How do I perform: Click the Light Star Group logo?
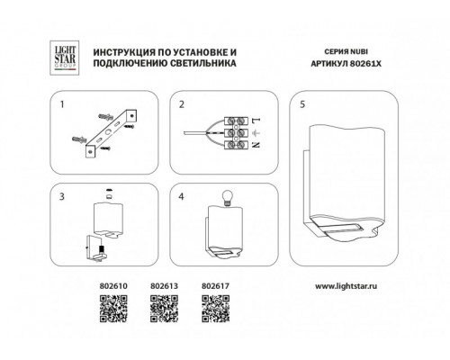[65, 58]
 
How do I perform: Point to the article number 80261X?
[366, 64]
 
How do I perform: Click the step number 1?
[62, 104]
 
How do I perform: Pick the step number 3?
[62, 196]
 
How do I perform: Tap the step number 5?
[302, 104]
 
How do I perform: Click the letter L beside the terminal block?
[256, 121]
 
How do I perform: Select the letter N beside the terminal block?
[256, 145]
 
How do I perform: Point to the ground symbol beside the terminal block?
[256, 132]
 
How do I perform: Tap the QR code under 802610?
[113, 309]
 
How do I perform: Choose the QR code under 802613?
[164, 309]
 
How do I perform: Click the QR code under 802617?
[215, 309]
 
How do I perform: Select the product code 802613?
[164, 286]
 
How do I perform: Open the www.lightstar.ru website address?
[346, 286]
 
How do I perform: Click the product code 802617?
[215, 286]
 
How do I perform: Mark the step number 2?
[182, 104]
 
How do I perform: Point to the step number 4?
[181, 196]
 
